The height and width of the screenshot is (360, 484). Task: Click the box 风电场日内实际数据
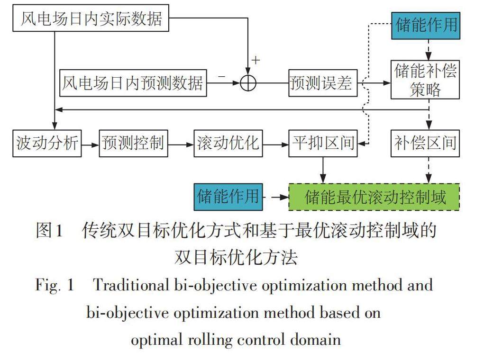coord(91,18)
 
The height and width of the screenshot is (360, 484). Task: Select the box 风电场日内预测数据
coord(133,83)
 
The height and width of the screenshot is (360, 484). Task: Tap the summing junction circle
coord(248,83)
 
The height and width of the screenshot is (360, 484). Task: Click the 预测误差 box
coord(323,83)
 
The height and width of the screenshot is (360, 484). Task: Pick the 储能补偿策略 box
coord(425,80)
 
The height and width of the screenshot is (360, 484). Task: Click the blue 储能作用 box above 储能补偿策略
coord(426,26)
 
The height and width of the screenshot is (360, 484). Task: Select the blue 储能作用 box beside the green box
coord(228,197)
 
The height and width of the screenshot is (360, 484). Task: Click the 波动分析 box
coord(47,144)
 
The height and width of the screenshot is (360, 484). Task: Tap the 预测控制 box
coord(133,144)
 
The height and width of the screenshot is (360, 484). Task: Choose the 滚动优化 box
coord(228,144)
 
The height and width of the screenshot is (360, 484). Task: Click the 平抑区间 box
coord(323,144)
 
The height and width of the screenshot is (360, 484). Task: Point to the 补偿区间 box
coord(425,144)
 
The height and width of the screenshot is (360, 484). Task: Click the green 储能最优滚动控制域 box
coord(374,197)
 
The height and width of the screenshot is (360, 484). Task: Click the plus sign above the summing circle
coord(256,60)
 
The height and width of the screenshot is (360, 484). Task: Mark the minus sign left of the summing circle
coord(222,76)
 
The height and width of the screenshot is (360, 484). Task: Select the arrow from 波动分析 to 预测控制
coord(90,144)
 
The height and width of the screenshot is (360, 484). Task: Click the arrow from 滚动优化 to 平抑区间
coord(275,144)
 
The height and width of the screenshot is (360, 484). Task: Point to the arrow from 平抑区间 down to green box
coord(323,170)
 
